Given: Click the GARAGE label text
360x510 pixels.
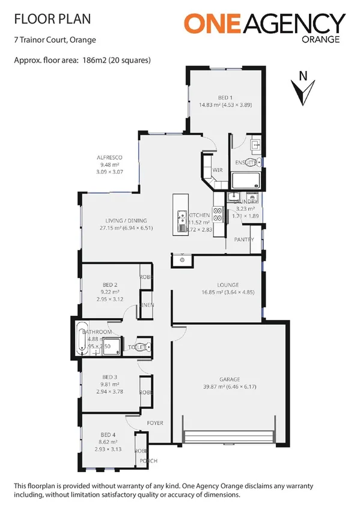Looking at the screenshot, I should coord(230,379).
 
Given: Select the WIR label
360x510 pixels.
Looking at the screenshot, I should coord(218,170).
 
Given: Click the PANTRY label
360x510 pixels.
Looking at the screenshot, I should coord(244,239).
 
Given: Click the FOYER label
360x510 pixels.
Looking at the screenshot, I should coord(156,423).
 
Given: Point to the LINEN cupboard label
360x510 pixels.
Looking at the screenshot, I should coord(147,305).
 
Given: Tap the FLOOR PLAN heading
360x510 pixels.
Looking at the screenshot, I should coord(52,19).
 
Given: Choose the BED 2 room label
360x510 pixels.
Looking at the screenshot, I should coord(109,284).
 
